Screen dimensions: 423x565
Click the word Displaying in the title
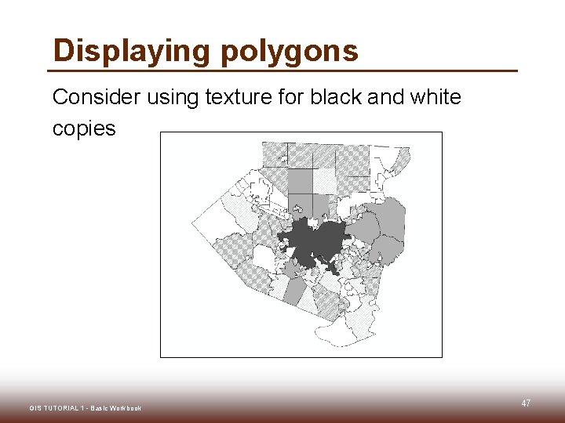[x=132, y=51]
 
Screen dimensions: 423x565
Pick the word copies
[x=84, y=128]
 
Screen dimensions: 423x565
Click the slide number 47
[x=526, y=403]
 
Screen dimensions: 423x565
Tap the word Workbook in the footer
[x=126, y=408]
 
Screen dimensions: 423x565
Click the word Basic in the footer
[x=99, y=408]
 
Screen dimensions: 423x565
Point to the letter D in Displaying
[x=62, y=51]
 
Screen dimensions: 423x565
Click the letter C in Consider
[x=60, y=97]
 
